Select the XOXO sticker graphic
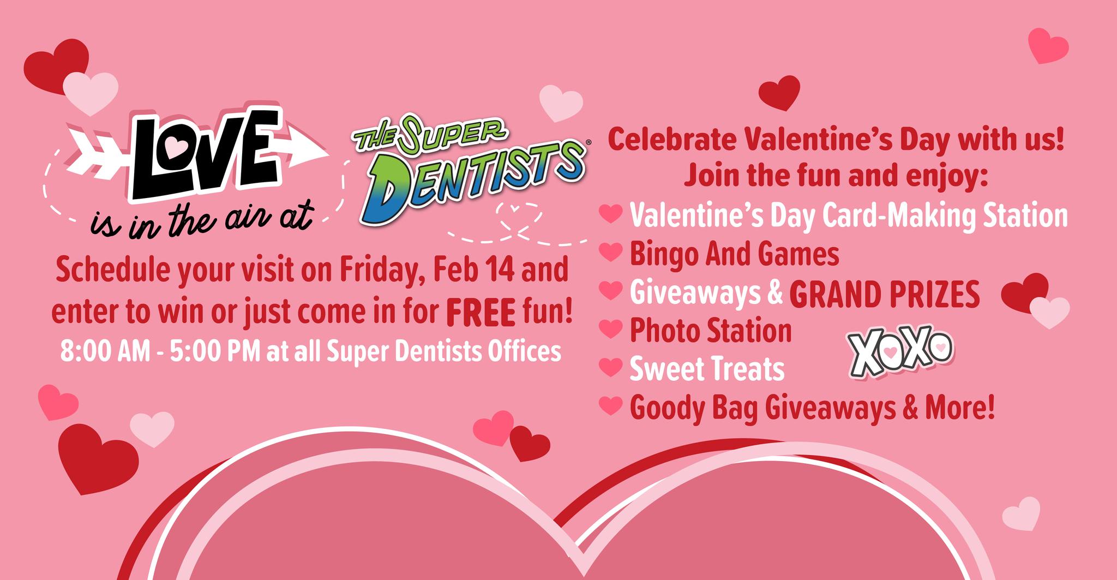900,354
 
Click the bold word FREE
481,313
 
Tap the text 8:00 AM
105,352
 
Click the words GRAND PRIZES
884,295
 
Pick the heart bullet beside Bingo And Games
611,252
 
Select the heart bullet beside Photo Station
611,329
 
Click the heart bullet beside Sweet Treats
611,367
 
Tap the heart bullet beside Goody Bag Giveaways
611,405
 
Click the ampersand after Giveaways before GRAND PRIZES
774,294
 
